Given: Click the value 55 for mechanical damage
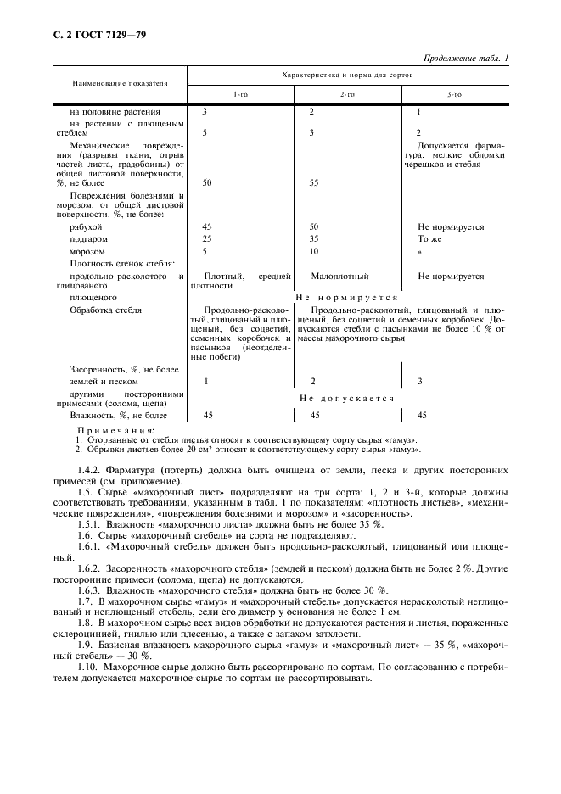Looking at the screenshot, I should pyautogui.click(x=314, y=182).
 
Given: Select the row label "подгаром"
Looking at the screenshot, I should pyautogui.click(x=87, y=239).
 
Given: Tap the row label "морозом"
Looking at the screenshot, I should pyautogui.click(x=87, y=251).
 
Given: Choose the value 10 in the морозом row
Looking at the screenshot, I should pyautogui.click(x=314, y=251).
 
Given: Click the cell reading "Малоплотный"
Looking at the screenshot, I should pyautogui.click(x=339, y=276).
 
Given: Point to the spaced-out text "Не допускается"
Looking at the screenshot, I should pyautogui.click(x=347, y=398).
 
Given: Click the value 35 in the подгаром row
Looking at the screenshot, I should pyautogui.click(x=314, y=239).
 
